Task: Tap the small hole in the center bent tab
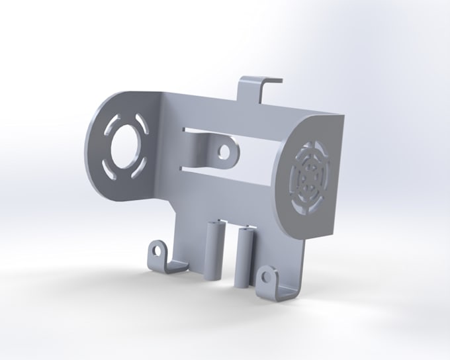coord(226,152)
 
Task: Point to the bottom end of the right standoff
coord(242,285)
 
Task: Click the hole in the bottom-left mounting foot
coord(156,251)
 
